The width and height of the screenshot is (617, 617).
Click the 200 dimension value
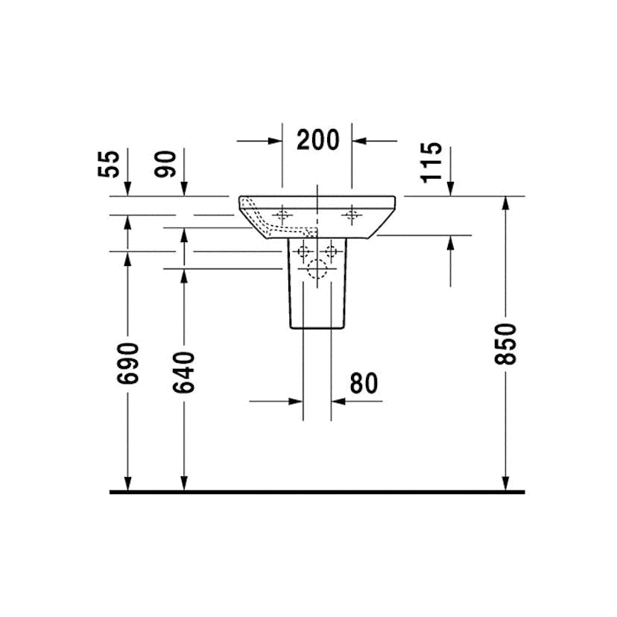[x=317, y=139]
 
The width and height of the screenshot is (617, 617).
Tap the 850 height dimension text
[x=506, y=343]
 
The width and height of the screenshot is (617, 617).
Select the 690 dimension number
[x=128, y=363]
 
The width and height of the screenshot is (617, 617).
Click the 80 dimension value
[x=363, y=383]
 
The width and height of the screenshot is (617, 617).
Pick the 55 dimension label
[x=109, y=163]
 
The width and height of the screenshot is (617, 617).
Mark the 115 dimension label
[x=431, y=162]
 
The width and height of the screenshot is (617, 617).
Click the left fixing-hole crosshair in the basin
[x=282, y=215]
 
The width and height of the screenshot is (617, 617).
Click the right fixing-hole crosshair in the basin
[x=351, y=215]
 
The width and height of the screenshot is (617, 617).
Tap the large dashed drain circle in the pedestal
[x=317, y=272]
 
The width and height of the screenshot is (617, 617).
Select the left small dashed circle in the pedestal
[x=303, y=250]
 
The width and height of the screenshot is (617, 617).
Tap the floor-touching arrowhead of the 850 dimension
[x=506, y=484]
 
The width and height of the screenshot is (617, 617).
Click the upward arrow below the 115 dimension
[x=450, y=243]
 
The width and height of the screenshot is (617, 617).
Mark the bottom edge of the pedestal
[x=317, y=329]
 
